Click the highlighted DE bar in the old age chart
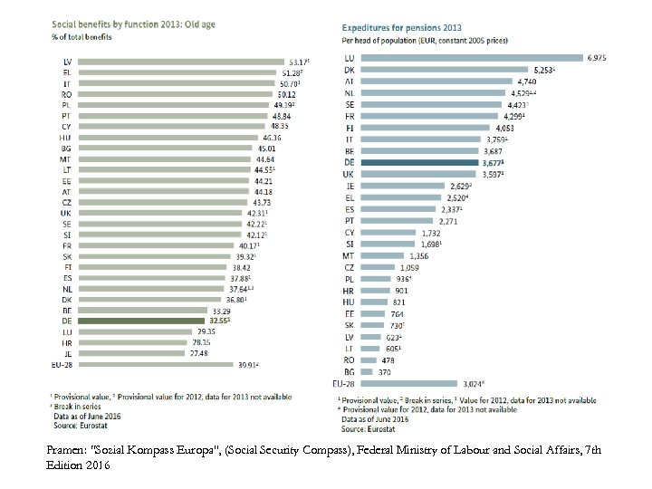[141, 321]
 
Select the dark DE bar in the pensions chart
[417, 163]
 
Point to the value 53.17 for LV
[297, 62]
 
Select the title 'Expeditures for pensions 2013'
[402, 27]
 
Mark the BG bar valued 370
[363, 370]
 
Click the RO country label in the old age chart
[66, 92]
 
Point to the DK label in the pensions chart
[349, 70]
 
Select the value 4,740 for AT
[524, 81]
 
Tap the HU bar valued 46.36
[164, 138]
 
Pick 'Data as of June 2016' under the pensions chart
[376, 419]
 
